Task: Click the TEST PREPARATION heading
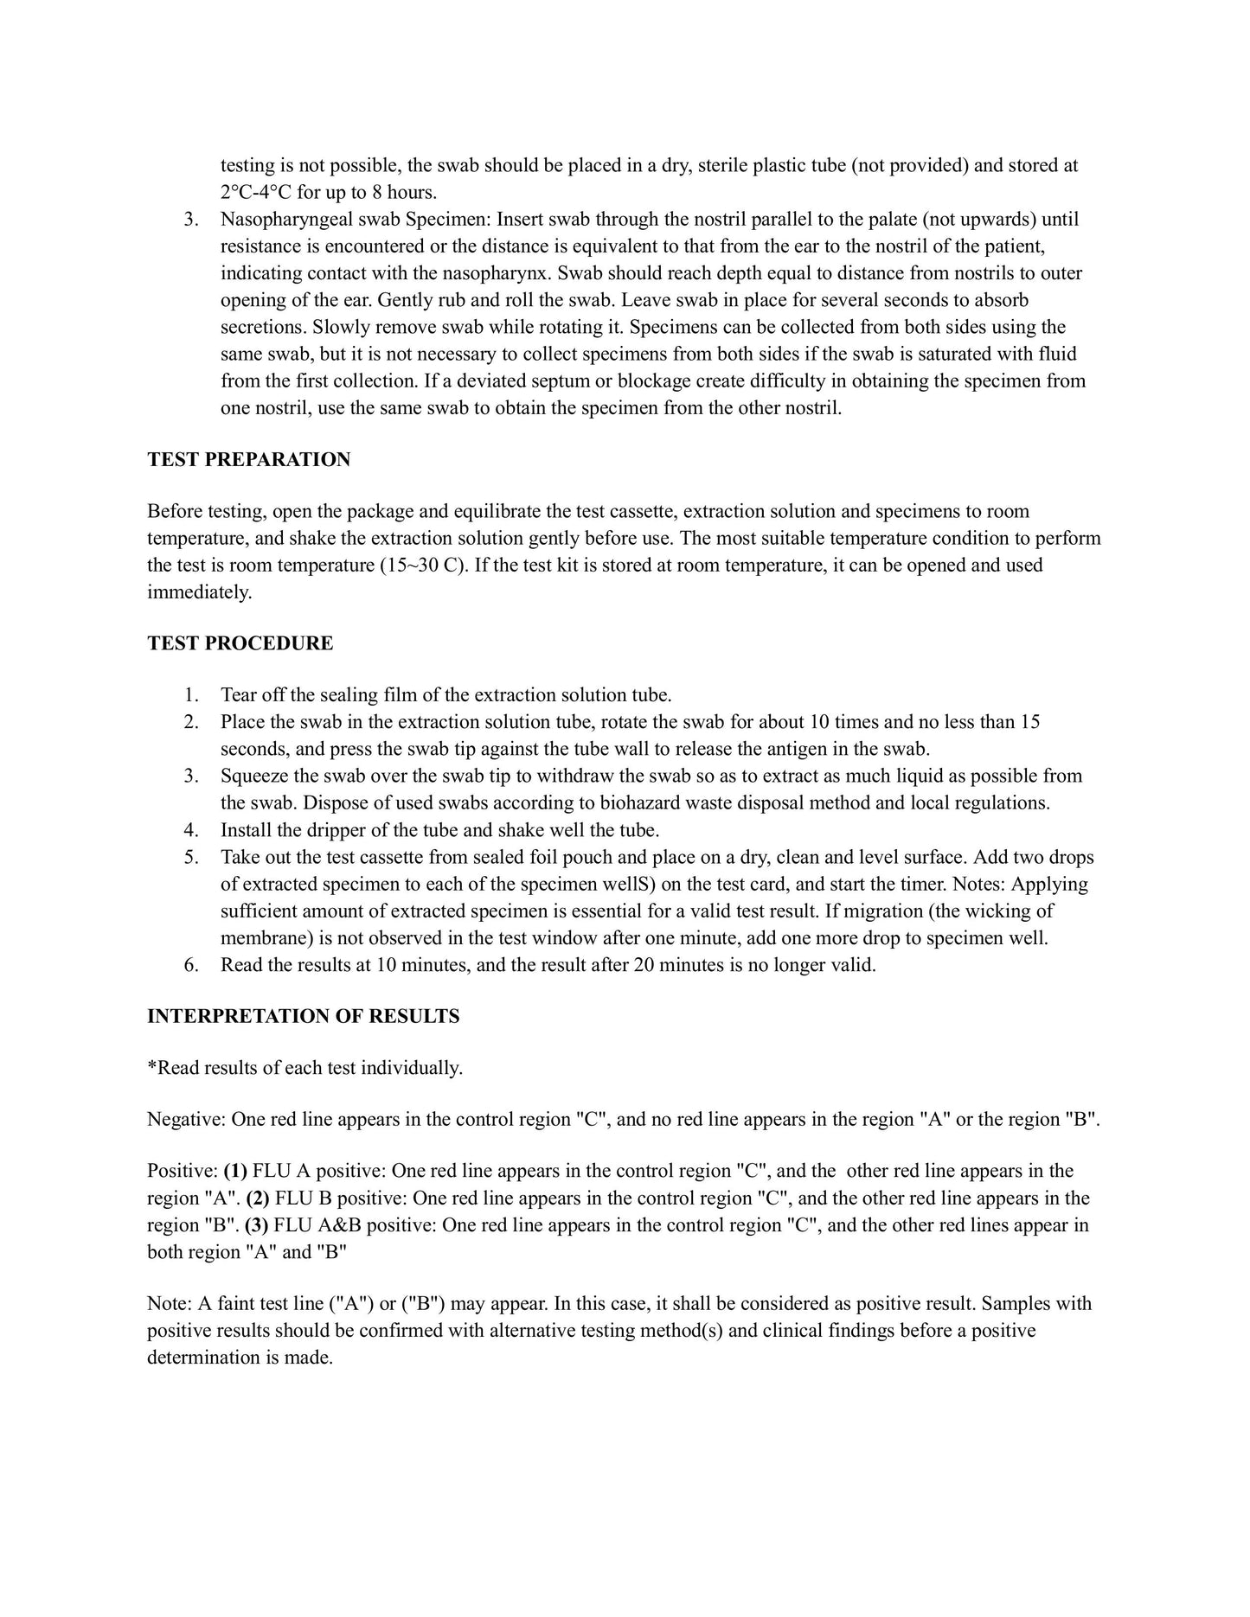click(x=248, y=460)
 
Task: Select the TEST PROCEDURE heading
click(x=240, y=643)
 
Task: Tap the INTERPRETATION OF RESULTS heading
click(x=303, y=1016)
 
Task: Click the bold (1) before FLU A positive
click(x=235, y=1171)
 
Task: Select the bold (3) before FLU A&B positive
click(x=256, y=1225)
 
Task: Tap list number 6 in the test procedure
click(x=191, y=965)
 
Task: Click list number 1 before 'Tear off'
click(x=191, y=695)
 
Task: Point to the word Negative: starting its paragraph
click(x=186, y=1120)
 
